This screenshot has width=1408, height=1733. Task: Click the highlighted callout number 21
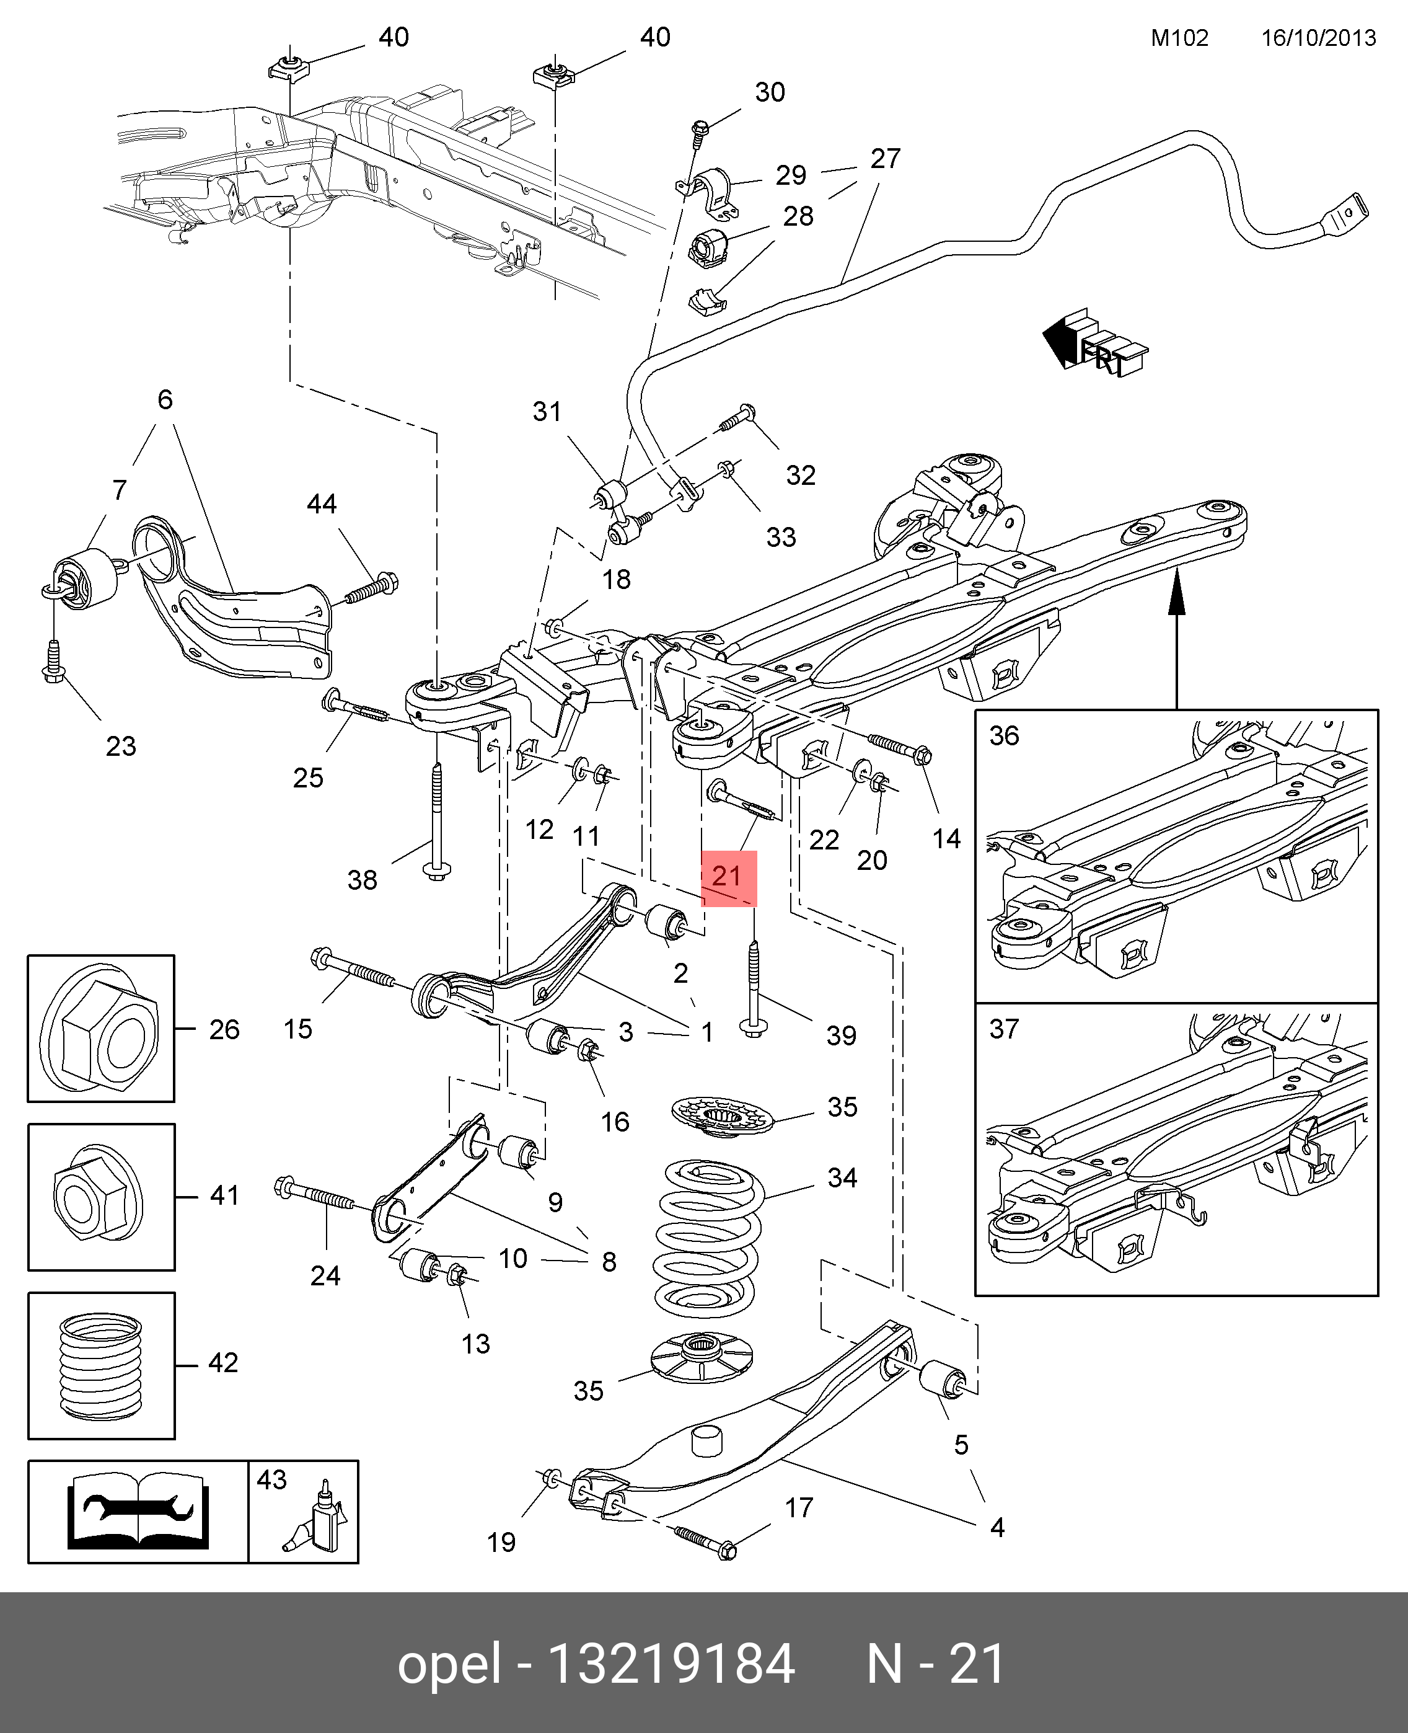point(728,876)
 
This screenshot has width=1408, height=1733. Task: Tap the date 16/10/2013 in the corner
point(1318,38)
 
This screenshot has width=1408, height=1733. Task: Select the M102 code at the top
point(1179,38)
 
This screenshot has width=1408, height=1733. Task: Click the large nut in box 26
point(100,1028)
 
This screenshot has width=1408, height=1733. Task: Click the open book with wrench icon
point(138,1512)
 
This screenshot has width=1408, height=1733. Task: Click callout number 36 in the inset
point(1004,736)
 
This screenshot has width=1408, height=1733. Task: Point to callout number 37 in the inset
point(1004,1029)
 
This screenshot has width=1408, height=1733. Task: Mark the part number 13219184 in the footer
point(672,1665)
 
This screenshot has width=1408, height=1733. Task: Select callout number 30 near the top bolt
point(770,92)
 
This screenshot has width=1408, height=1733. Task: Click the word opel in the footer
point(449,1665)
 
